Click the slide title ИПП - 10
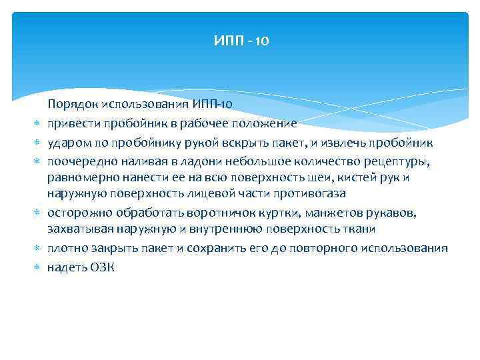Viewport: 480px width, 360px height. point(241,41)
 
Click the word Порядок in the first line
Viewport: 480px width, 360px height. point(67,104)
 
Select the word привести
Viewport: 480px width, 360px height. point(69,123)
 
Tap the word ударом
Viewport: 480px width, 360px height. point(65,143)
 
